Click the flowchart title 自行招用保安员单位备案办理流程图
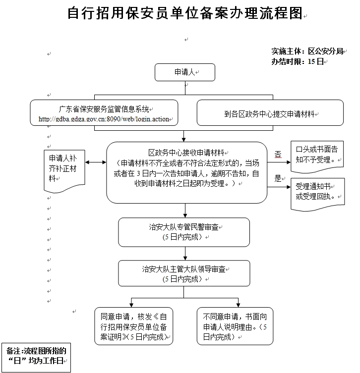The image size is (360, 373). click(x=184, y=13)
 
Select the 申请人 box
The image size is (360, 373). click(x=184, y=72)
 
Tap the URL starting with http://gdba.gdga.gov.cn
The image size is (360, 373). click(x=104, y=119)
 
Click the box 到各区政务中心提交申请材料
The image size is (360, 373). click(x=270, y=113)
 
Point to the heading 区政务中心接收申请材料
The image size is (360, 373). click(x=187, y=153)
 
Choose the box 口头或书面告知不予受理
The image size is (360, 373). click(x=317, y=154)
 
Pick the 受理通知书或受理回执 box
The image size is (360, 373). click(x=317, y=191)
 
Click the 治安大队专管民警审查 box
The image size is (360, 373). click(x=184, y=232)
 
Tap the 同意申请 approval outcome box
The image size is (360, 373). click(x=134, y=326)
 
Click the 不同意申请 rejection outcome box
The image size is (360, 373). click(x=235, y=326)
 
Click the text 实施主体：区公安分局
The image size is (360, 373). click(x=307, y=51)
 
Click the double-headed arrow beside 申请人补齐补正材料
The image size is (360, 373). click(x=96, y=162)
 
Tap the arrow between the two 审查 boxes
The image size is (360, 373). click(x=184, y=253)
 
